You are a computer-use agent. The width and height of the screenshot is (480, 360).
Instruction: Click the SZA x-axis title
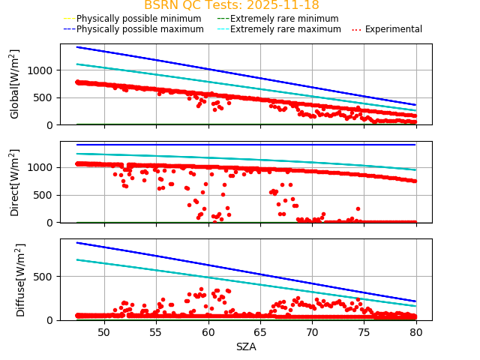pyautogui.click(x=246, y=346)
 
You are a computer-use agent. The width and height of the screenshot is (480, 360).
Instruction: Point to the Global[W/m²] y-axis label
pyautogui.click(x=15, y=84)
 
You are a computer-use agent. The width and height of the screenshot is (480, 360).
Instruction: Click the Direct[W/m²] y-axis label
pyautogui.click(x=15, y=181)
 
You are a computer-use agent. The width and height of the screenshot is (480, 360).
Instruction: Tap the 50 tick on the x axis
pyautogui.click(x=103, y=331)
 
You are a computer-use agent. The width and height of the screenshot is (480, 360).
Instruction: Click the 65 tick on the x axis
pyautogui.click(x=260, y=331)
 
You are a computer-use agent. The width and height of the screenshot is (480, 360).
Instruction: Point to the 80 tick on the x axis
pyautogui.click(x=416, y=331)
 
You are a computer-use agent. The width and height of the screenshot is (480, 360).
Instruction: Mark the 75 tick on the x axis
pyautogui.click(x=364, y=331)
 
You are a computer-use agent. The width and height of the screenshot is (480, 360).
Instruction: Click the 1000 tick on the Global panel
pyautogui.click(x=42, y=70)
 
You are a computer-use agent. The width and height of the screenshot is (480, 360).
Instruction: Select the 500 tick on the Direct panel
pyautogui.click(x=45, y=195)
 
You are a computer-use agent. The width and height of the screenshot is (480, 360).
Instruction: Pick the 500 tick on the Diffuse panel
pyautogui.click(x=45, y=277)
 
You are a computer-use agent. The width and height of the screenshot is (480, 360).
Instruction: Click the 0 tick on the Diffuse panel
pyautogui.click(x=51, y=320)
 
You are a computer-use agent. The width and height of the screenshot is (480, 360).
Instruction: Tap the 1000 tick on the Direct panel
pyautogui.click(x=42, y=167)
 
